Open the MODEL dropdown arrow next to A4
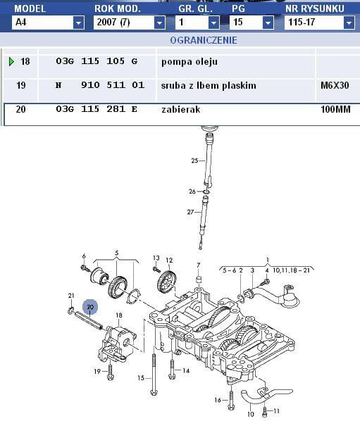click(x=78, y=23)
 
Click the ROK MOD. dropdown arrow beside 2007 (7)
click(x=160, y=23)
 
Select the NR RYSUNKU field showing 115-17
click(x=319, y=23)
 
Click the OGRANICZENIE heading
click(x=204, y=40)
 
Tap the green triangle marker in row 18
click(x=11, y=61)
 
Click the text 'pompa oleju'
click(x=190, y=62)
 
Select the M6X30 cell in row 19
click(x=335, y=85)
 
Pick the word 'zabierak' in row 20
click(x=181, y=109)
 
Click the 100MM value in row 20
click(x=335, y=109)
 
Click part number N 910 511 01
click(x=100, y=85)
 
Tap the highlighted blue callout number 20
click(x=90, y=307)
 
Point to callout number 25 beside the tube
click(x=194, y=161)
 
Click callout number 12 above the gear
click(x=169, y=260)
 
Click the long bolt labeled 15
click(x=154, y=375)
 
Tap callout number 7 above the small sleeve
click(x=198, y=265)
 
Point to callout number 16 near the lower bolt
click(x=218, y=400)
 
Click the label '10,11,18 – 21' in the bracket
click(x=291, y=270)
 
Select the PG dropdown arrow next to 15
click(x=268, y=23)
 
